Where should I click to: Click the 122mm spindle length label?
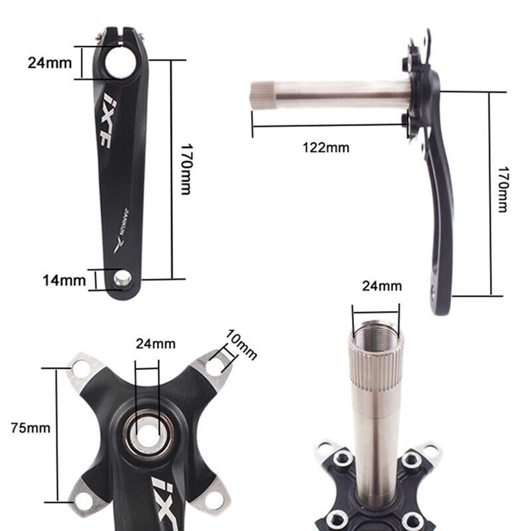(x=326, y=147)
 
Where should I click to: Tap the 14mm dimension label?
(x=64, y=280)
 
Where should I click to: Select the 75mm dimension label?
(x=31, y=428)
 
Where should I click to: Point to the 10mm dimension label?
(x=240, y=345)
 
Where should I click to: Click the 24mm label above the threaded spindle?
(x=382, y=286)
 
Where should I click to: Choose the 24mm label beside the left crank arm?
(x=50, y=63)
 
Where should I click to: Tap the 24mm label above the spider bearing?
(x=155, y=343)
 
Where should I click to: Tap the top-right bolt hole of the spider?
(x=216, y=364)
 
